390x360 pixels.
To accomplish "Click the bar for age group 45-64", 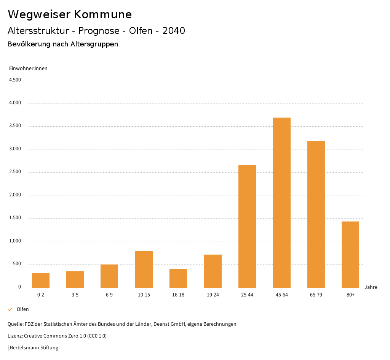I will [x=281, y=202].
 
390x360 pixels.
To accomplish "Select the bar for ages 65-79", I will [x=316, y=214].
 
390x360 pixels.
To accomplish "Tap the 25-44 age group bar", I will [x=247, y=226].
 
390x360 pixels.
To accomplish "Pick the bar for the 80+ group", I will [x=350, y=255].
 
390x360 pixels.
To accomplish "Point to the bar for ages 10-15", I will [x=144, y=269].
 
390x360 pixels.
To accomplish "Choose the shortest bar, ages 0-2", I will [x=41, y=280].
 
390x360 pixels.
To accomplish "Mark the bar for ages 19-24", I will [x=213, y=271].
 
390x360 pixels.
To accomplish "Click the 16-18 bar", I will [x=178, y=278].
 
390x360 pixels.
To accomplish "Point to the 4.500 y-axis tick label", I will [x=15, y=80].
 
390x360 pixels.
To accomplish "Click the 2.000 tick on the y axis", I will [x=15, y=195].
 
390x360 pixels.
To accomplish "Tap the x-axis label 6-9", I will [x=109, y=295].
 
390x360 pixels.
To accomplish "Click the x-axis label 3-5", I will [x=75, y=295].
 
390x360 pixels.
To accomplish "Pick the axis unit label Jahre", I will [x=371, y=287].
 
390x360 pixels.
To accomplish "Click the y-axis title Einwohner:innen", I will [x=28, y=68].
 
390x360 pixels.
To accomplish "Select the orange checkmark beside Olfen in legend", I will [x=10, y=309].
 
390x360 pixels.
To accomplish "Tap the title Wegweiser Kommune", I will [x=70, y=14].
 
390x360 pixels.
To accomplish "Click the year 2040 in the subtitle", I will [x=174, y=31].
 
